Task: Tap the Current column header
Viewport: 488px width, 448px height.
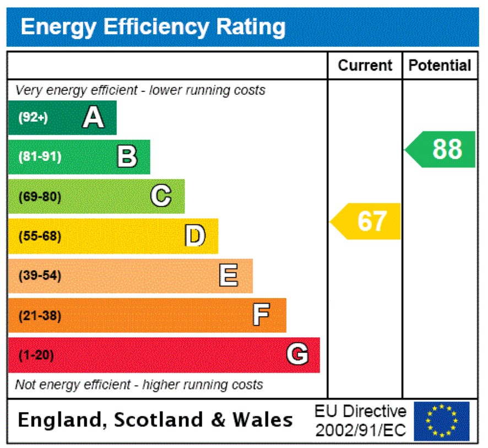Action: (365, 66)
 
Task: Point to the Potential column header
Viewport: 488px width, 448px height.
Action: (440, 66)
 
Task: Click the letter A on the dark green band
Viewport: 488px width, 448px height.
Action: (93, 117)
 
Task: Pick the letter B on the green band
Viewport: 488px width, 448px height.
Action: (127, 157)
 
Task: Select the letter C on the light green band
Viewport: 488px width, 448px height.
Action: (161, 196)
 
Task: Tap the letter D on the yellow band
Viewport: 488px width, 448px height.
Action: (194, 236)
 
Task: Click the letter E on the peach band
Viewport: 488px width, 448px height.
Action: (229, 276)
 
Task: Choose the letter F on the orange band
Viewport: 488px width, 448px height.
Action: (261, 315)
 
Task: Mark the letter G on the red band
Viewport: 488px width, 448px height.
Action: (297, 355)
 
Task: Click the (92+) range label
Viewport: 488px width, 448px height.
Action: (33, 117)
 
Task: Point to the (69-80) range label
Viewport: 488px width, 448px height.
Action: (40, 197)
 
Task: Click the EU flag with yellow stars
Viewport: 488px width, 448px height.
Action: (441, 421)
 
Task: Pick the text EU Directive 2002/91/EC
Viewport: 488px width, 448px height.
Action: (360, 421)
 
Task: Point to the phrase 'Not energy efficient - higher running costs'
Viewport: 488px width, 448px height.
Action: (139, 385)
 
